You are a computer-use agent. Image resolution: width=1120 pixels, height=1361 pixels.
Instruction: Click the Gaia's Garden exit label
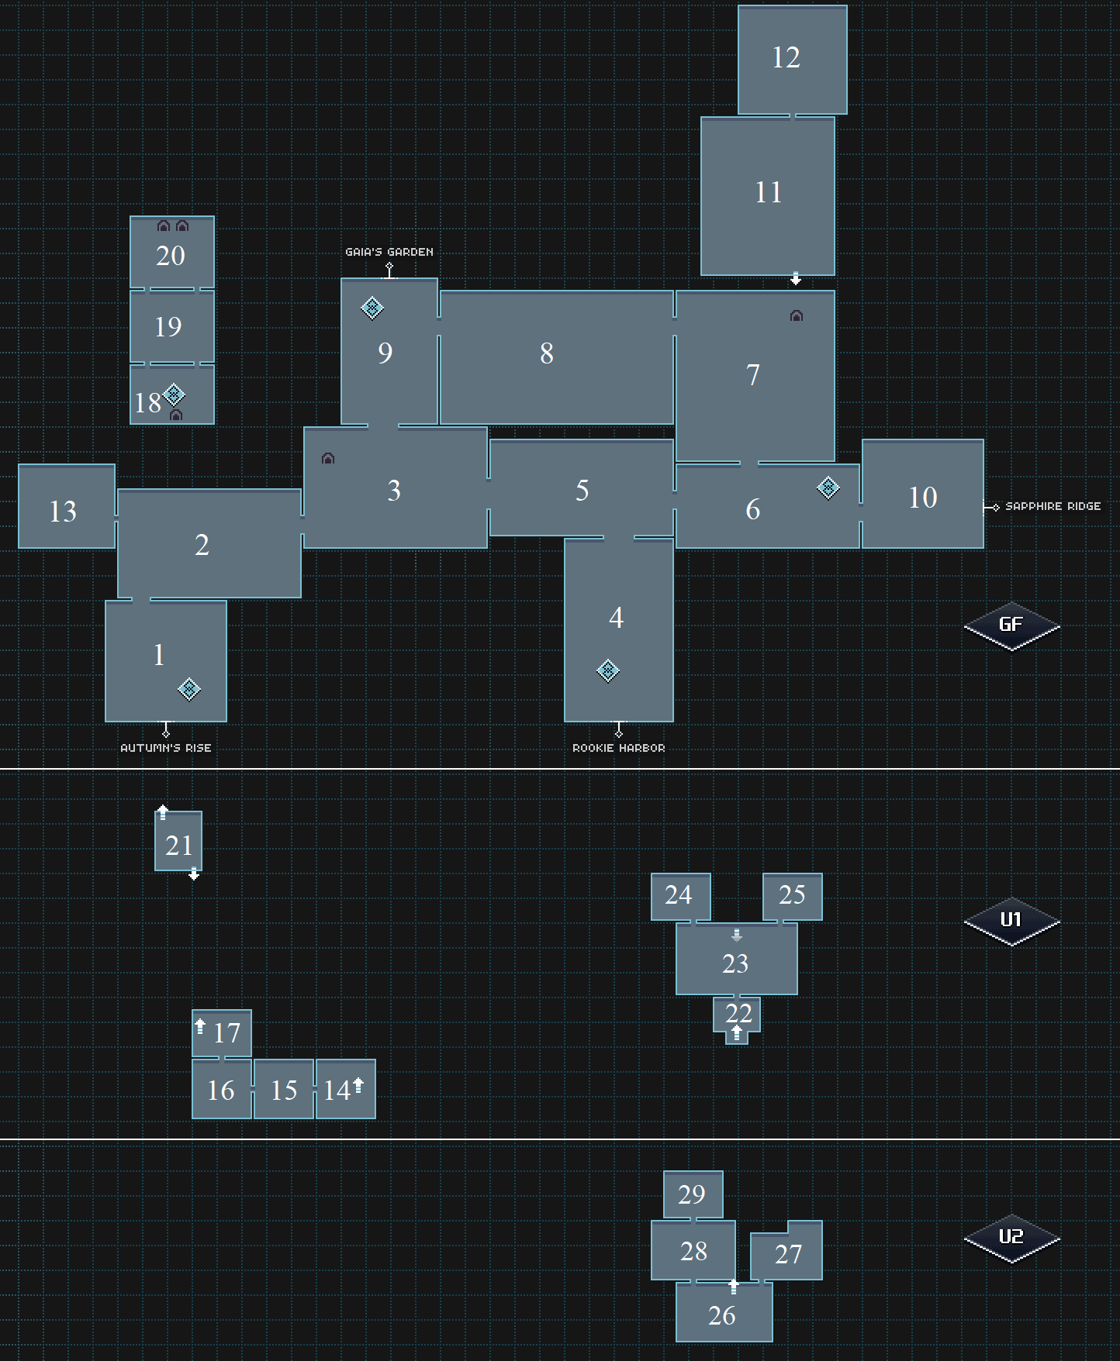pyautogui.click(x=389, y=252)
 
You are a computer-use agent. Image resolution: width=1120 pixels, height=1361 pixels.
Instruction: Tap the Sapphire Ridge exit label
pyautogui.click(x=1053, y=506)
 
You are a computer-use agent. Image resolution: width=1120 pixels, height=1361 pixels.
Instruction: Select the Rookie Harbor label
pyautogui.click(x=618, y=748)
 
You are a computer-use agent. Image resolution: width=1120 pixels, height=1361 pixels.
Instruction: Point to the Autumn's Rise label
pyautogui.click(x=165, y=748)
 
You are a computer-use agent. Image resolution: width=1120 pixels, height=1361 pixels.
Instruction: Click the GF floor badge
pyautogui.click(x=1011, y=625)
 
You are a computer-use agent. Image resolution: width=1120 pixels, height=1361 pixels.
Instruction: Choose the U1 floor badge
pyautogui.click(x=1011, y=920)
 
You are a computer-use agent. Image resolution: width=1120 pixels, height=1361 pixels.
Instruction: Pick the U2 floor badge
pyautogui.click(x=1011, y=1236)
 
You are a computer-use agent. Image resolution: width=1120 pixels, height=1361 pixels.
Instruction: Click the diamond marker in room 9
pyautogui.click(x=372, y=308)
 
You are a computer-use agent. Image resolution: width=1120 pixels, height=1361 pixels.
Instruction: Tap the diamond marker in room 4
pyautogui.click(x=608, y=670)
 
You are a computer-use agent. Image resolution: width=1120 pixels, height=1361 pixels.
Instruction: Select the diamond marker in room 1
pyautogui.click(x=189, y=689)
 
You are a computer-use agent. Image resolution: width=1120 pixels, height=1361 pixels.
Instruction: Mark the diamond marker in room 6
pyautogui.click(x=828, y=488)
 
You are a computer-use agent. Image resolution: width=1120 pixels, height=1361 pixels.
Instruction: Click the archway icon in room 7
pyautogui.click(x=797, y=316)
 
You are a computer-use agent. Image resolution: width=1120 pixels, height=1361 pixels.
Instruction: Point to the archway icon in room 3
pyautogui.click(x=328, y=459)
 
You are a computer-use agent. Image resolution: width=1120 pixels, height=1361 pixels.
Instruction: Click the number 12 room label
pyautogui.click(x=786, y=57)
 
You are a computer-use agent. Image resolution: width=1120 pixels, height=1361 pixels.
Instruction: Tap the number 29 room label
pyautogui.click(x=691, y=1194)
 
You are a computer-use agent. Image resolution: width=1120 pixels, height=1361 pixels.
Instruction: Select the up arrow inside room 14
pyautogui.click(x=358, y=1085)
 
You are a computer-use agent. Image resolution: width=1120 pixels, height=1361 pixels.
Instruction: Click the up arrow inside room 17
pyautogui.click(x=200, y=1026)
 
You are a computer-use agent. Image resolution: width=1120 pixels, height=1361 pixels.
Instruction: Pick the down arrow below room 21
pyautogui.click(x=194, y=874)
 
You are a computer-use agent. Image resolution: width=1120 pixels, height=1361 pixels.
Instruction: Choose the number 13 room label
pyautogui.click(x=63, y=512)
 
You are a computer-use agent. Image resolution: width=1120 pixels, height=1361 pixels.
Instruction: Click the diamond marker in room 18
pyautogui.click(x=175, y=395)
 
